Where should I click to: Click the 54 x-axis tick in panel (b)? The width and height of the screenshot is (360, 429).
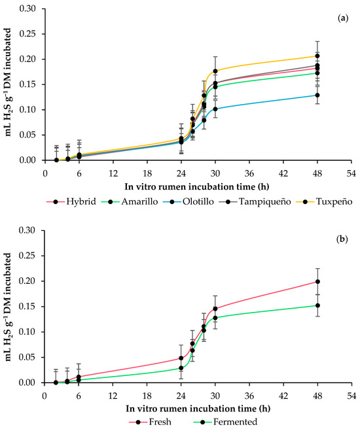coord(353,395)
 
